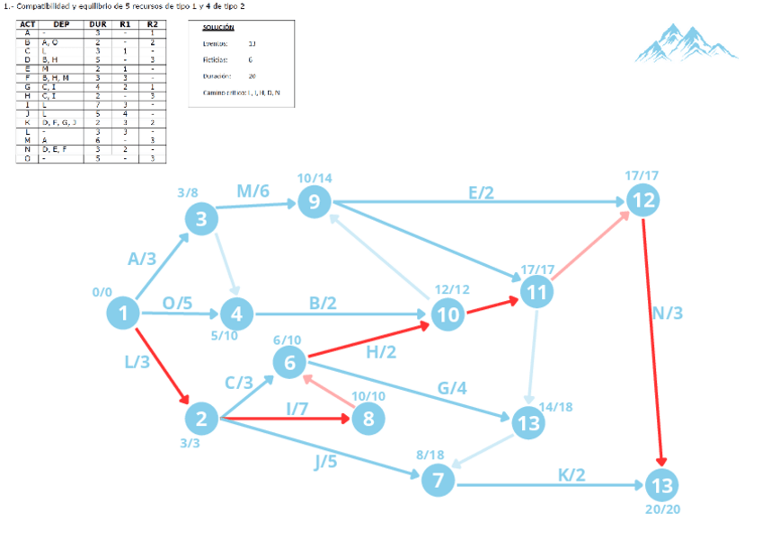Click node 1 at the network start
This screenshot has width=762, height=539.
[x=123, y=314]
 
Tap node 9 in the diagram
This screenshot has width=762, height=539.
[x=314, y=202]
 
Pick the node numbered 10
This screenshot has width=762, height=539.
[x=447, y=314]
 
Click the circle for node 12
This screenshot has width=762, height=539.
[x=642, y=201]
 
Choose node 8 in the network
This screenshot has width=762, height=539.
[x=368, y=418]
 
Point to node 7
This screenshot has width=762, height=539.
[x=438, y=481]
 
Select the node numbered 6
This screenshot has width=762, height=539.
[x=289, y=363]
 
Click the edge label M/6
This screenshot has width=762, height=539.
[x=253, y=190]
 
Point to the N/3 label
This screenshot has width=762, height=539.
[x=668, y=313]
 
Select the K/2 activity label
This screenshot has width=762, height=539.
[x=571, y=473]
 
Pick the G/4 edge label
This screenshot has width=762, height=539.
[x=451, y=389]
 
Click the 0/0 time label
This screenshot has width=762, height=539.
[x=102, y=292]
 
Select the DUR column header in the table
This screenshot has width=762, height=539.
[x=97, y=24]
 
